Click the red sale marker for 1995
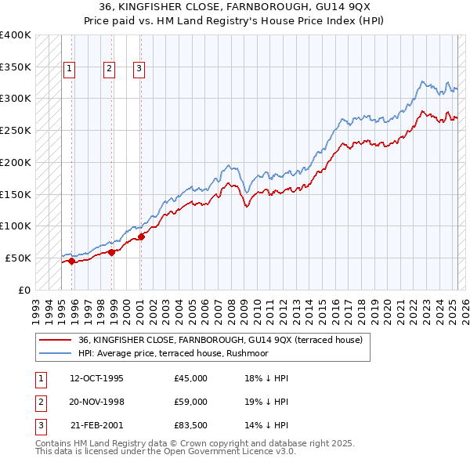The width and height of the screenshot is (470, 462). (71, 262)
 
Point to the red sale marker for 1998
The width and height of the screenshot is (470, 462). (112, 252)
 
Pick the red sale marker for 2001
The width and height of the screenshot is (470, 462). (141, 236)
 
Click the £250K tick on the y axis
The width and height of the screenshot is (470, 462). (16, 130)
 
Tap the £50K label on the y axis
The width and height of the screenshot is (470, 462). (18, 258)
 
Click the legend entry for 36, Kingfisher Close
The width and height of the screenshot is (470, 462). (220, 341)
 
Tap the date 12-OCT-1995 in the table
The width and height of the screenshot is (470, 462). (96, 378)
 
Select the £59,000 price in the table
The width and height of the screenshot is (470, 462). (190, 402)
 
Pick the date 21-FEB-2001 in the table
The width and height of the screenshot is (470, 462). (96, 426)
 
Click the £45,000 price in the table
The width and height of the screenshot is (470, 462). (190, 378)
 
